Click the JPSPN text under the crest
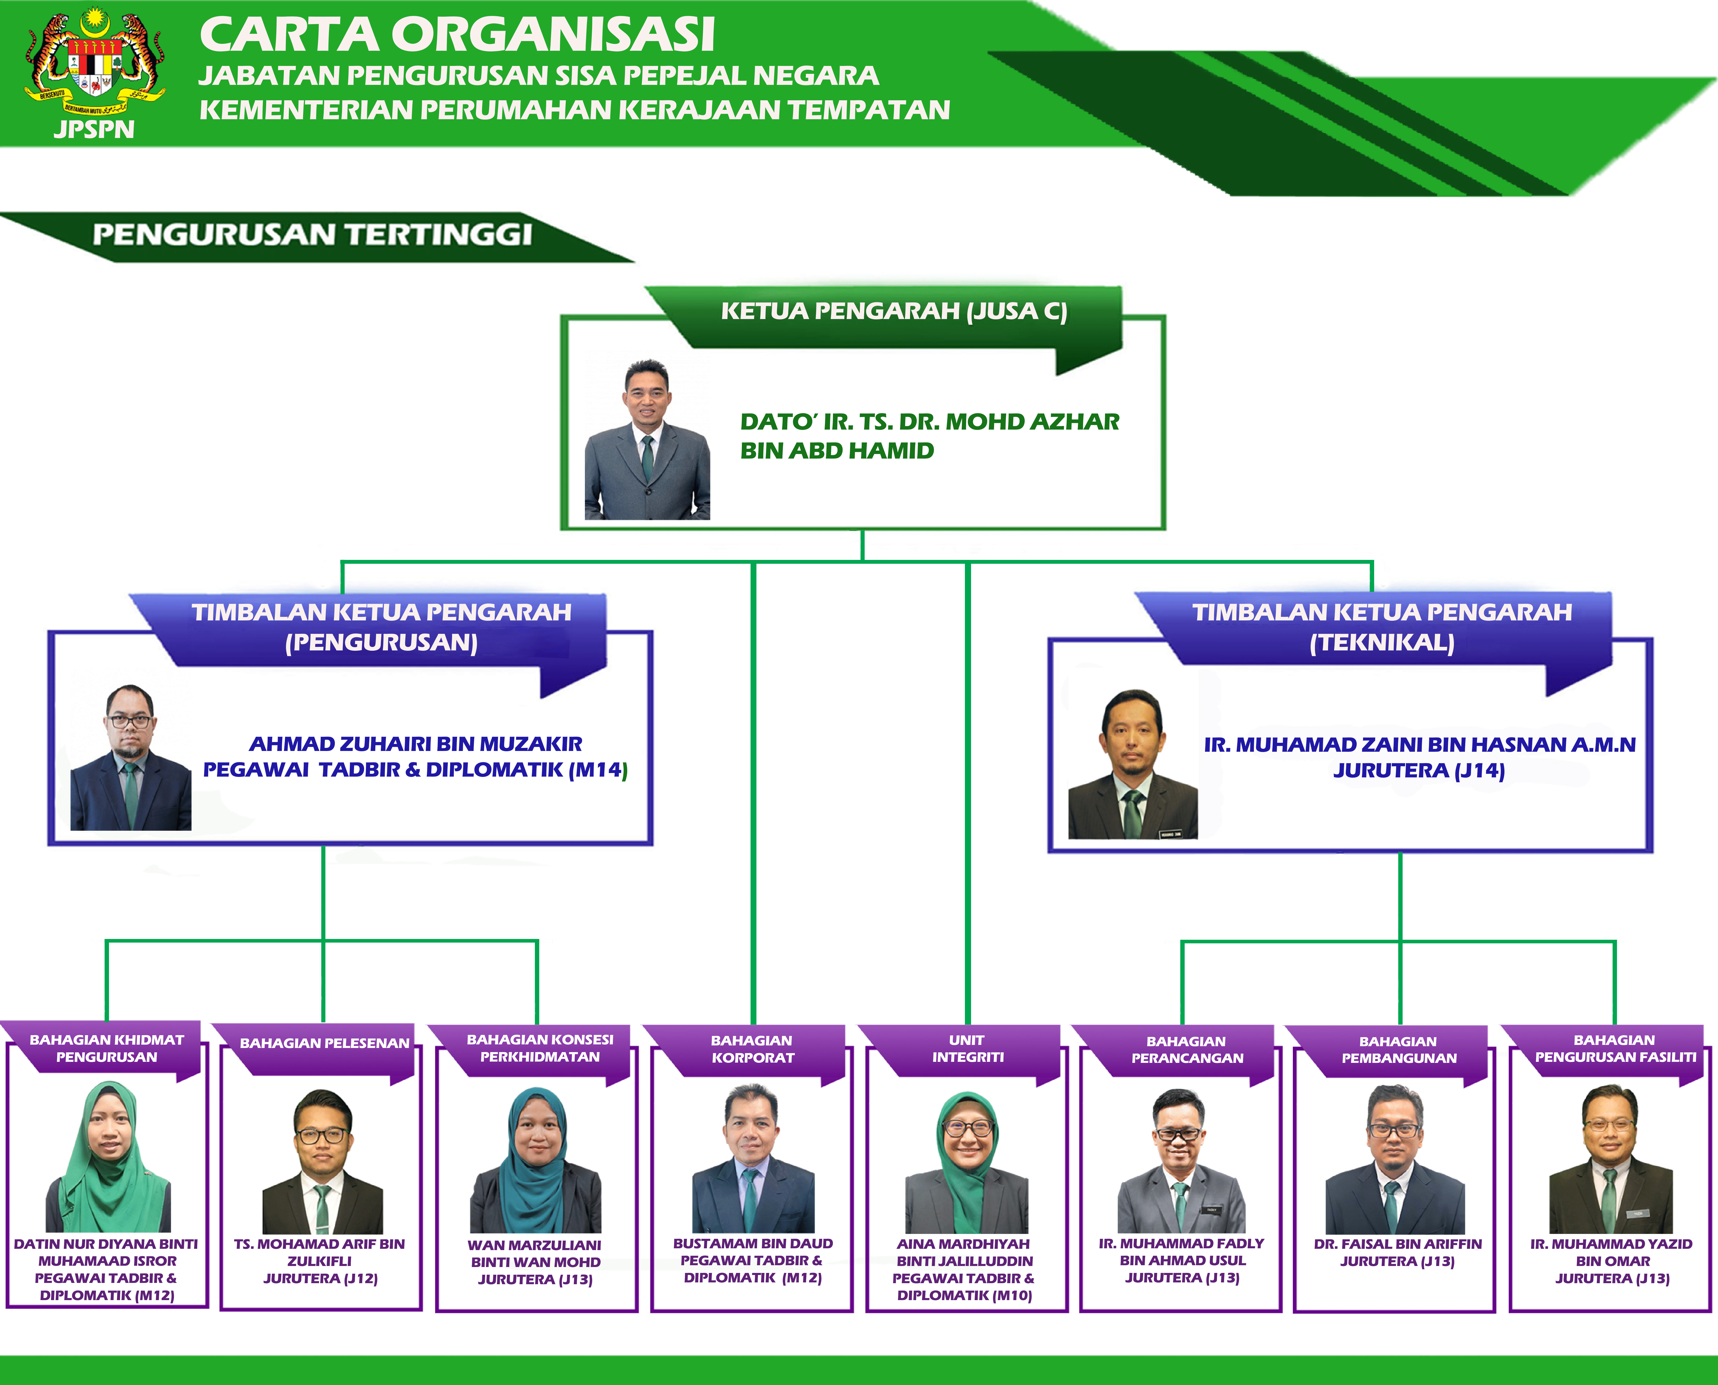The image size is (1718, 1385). (x=94, y=129)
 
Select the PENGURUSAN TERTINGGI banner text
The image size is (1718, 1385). (x=312, y=235)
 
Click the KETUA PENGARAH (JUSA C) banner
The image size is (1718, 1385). (x=893, y=311)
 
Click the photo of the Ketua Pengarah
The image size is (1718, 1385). (x=647, y=440)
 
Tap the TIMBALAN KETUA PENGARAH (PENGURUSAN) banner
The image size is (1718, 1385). (x=381, y=627)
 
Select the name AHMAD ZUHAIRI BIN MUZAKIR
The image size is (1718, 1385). (x=416, y=744)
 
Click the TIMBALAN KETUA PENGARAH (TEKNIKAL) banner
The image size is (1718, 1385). (x=1382, y=627)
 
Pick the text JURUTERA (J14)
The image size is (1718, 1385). (x=1419, y=771)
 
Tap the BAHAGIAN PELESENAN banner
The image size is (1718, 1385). (x=324, y=1044)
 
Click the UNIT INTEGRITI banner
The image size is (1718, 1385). (x=967, y=1048)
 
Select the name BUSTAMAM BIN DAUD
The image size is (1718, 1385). (x=753, y=1244)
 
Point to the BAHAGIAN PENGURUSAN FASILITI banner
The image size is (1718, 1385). (x=1615, y=1048)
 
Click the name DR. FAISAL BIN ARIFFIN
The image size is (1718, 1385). (x=1397, y=1244)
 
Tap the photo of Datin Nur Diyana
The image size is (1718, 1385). (x=108, y=1157)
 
